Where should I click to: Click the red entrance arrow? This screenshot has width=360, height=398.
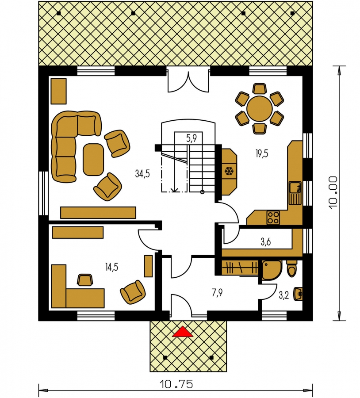tap(182, 332)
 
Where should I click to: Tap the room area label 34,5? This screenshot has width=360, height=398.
tap(142, 174)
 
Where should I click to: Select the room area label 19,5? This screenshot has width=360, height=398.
tap(262, 153)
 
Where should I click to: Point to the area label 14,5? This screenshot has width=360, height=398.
tap(112, 267)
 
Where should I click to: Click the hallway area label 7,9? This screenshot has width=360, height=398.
tap(217, 293)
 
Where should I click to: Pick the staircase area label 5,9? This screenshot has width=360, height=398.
tap(191, 138)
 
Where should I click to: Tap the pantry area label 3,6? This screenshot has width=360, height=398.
tap(265, 242)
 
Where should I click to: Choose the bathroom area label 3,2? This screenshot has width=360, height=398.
tap(284, 295)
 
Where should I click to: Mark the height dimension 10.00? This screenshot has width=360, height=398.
tap(333, 193)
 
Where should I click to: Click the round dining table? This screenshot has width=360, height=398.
tap(260, 109)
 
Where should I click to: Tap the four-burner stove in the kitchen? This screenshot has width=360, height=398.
tap(273, 218)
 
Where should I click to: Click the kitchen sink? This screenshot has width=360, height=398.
tap(295, 193)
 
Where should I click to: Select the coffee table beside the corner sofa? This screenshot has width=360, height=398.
tap(93, 159)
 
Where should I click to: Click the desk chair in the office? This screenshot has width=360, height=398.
tap(85, 280)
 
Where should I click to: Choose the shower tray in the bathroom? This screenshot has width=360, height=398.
tap(272, 270)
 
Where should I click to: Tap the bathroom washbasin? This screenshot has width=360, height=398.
tap(298, 294)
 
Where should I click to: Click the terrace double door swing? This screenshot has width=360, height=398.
tap(188, 82)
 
